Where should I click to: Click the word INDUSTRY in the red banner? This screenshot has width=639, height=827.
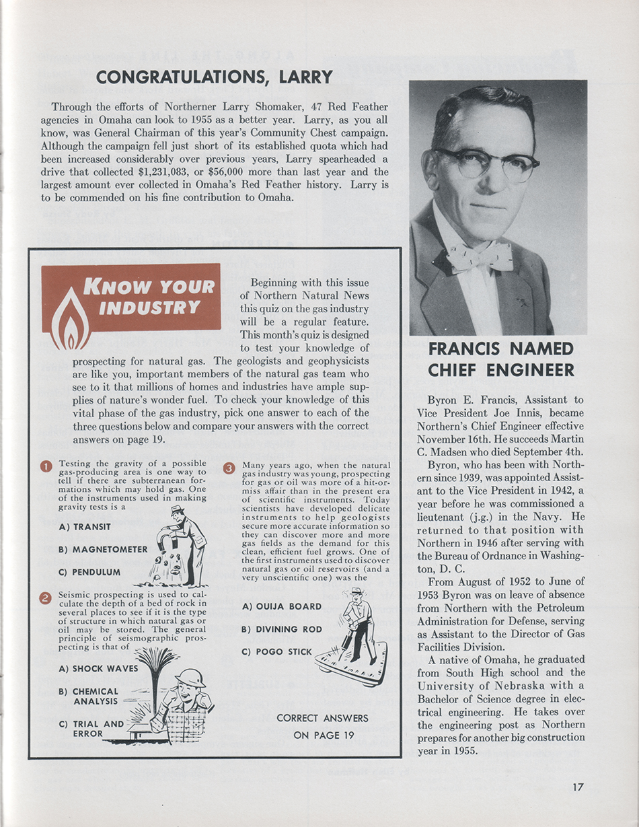(149, 308)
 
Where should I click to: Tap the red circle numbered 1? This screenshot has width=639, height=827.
(46, 466)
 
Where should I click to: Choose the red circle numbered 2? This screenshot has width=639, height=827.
(46, 598)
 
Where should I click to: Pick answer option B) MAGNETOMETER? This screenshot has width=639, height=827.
(103, 549)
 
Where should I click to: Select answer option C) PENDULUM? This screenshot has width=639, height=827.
(89, 572)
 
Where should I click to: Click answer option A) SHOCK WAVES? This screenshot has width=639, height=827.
(98, 668)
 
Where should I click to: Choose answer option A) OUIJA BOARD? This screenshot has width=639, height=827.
(281, 606)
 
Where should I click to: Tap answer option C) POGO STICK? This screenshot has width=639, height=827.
(276, 651)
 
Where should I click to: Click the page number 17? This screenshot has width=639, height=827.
(578, 786)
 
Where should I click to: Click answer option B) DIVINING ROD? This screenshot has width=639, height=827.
(282, 629)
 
